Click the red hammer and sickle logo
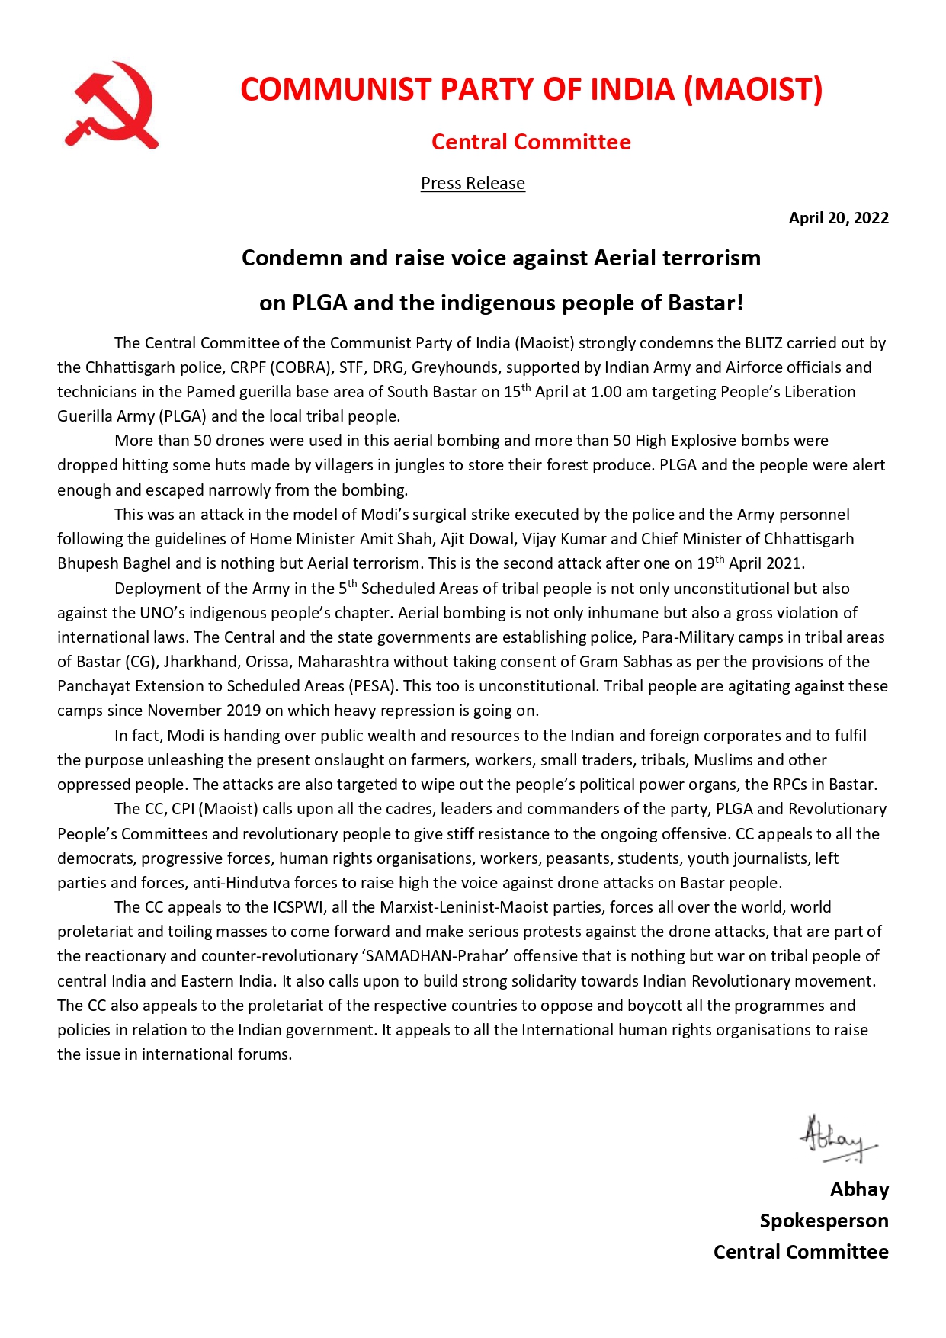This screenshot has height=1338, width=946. tap(112, 105)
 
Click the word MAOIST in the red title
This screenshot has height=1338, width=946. tap(753, 89)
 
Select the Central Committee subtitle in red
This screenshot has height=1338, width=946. tap(531, 142)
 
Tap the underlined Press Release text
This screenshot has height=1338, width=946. tap(473, 183)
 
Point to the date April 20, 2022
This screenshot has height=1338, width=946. tap(838, 218)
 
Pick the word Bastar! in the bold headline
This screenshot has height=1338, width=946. tap(705, 303)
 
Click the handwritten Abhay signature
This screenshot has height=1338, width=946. tap(835, 1139)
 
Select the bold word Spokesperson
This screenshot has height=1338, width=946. tap(823, 1221)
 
